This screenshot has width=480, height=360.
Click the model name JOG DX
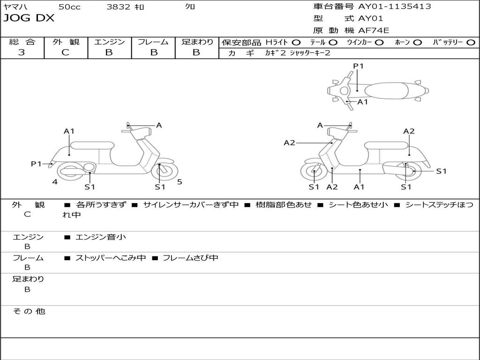pyautogui.click(x=29, y=18)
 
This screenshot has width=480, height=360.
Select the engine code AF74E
pyautogui.click(x=374, y=30)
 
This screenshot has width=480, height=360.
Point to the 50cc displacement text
pyautogui.click(x=69, y=7)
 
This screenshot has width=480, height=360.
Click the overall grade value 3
pyautogui.click(x=22, y=52)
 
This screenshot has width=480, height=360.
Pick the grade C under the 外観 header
pyautogui.click(x=66, y=52)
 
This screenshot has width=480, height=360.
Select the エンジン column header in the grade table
pyautogui.click(x=109, y=42)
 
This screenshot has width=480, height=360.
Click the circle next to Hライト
pyautogui.click(x=296, y=42)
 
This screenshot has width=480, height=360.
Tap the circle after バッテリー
pyautogui.click(x=471, y=42)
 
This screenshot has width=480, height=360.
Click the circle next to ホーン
pyautogui.click(x=417, y=42)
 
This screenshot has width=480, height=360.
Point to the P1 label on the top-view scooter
pyautogui.click(x=358, y=66)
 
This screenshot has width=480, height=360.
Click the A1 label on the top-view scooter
pyautogui.click(x=363, y=102)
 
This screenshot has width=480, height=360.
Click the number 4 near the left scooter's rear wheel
pyautogui.click(x=55, y=181)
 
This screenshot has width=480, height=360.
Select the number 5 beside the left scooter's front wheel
pyautogui.click(x=180, y=181)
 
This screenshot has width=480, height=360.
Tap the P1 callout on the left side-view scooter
pyautogui.click(x=36, y=164)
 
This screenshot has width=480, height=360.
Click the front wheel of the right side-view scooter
pyautogui.click(x=314, y=172)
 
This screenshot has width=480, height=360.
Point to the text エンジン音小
pyautogui.click(x=101, y=237)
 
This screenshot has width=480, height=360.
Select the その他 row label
pyautogui.click(x=29, y=311)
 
